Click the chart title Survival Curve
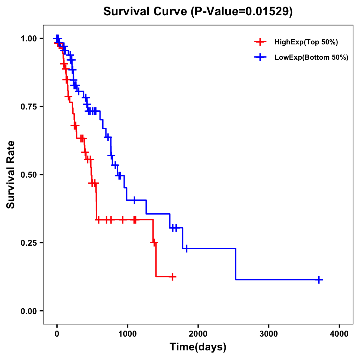(146, 12)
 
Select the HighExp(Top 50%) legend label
(306, 42)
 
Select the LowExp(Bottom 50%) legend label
(311, 58)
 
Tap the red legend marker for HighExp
(260, 42)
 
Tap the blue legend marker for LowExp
(260, 57)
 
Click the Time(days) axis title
(198, 347)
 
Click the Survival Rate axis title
(11, 175)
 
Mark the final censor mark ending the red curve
(172, 277)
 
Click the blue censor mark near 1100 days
(134, 200)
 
